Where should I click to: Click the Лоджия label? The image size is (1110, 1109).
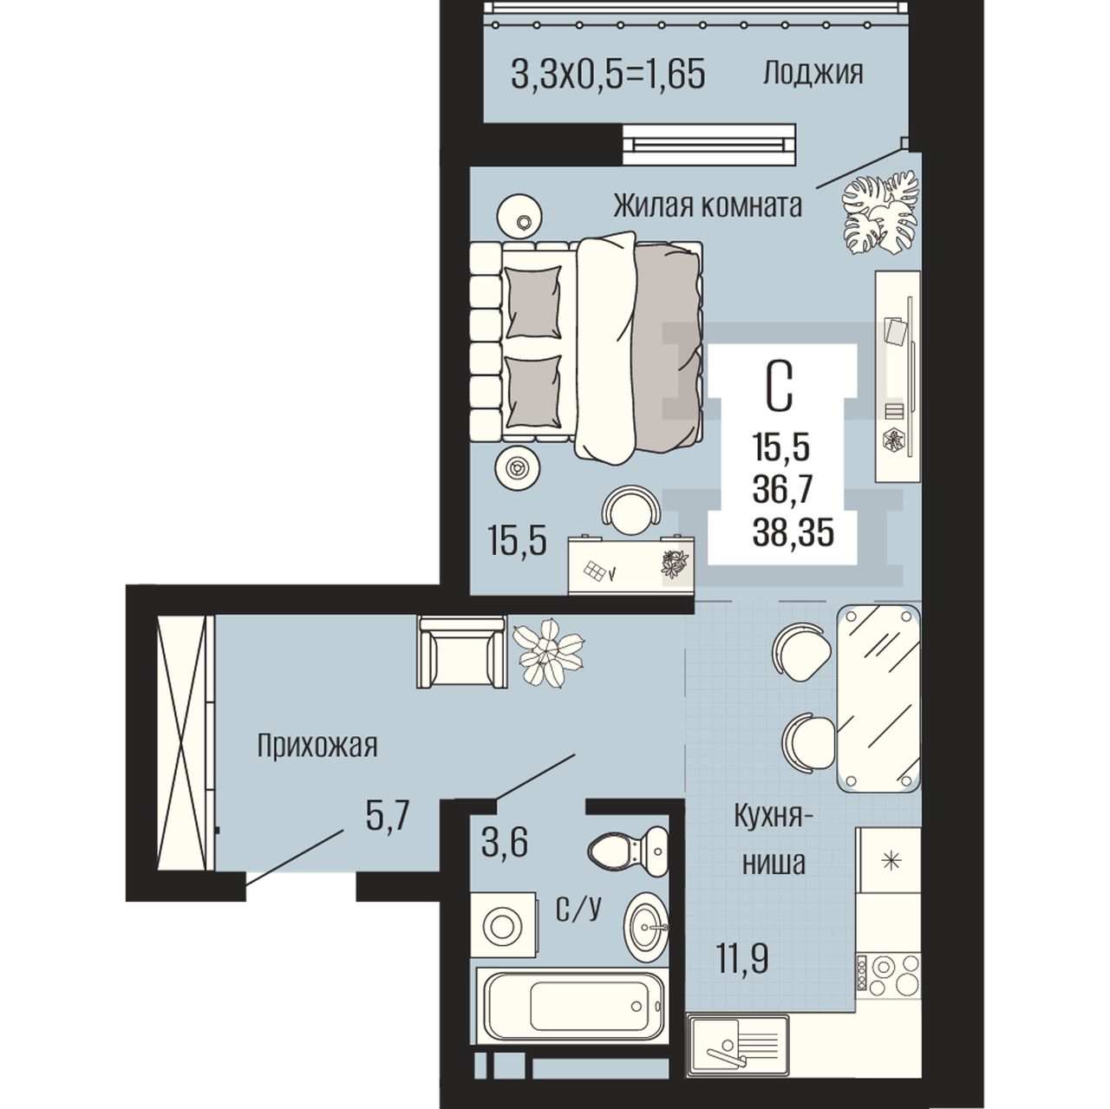[x=813, y=75]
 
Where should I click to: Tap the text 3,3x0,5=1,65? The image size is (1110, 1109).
[x=608, y=75]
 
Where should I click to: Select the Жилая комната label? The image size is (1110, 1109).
[x=708, y=206]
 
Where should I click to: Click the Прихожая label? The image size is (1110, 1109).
[x=317, y=747]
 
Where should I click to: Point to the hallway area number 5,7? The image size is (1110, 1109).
[x=388, y=816]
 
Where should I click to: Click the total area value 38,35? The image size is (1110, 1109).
[x=793, y=533]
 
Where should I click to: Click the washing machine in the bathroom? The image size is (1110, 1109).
[x=504, y=924]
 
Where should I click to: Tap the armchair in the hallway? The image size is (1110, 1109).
[x=462, y=651]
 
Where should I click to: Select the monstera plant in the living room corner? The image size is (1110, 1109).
[x=879, y=212]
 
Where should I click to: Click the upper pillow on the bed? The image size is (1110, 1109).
[x=532, y=303]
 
